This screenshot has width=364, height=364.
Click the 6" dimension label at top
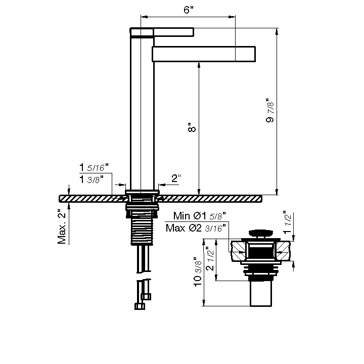(x=188, y=10)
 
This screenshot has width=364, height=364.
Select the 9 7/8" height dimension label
(x=270, y=110)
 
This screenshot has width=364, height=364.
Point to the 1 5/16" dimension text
(x=94, y=167)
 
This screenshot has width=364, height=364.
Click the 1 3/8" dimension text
(x=91, y=179)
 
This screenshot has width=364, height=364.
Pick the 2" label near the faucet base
(x=176, y=178)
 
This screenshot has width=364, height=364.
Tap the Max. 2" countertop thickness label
(x=62, y=226)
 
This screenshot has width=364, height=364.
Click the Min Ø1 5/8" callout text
(x=199, y=216)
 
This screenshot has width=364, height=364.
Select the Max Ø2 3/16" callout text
(x=196, y=228)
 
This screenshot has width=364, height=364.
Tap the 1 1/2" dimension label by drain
(x=287, y=222)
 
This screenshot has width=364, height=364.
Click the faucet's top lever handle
(x=162, y=32)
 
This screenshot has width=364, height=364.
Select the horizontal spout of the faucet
(x=204, y=54)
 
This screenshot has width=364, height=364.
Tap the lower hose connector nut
(x=140, y=306)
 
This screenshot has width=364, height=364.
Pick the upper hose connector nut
(x=146, y=297)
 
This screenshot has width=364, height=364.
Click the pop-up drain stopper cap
(x=261, y=233)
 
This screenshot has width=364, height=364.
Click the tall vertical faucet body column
(x=142, y=113)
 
